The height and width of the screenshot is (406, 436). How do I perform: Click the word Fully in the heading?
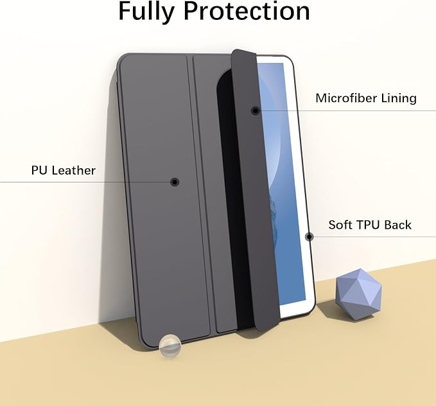click(x=146, y=12)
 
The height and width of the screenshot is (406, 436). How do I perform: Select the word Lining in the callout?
click(x=399, y=98)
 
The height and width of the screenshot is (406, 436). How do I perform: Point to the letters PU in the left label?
click(x=39, y=170)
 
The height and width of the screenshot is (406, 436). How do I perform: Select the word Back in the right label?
click(x=396, y=225)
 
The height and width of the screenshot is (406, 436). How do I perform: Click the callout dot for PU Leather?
click(x=175, y=182)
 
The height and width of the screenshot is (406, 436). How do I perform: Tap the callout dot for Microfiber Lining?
click(x=256, y=110)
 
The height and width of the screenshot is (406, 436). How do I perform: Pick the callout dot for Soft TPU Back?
click(x=310, y=237)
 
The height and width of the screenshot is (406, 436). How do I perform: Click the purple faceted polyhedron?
click(x=359, y=294)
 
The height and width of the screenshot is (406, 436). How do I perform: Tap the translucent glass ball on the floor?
click(x=170, y=346)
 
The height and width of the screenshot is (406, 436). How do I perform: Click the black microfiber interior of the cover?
click(x=229, y=195)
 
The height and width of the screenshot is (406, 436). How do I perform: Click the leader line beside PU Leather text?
click(x=85, y=182)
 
